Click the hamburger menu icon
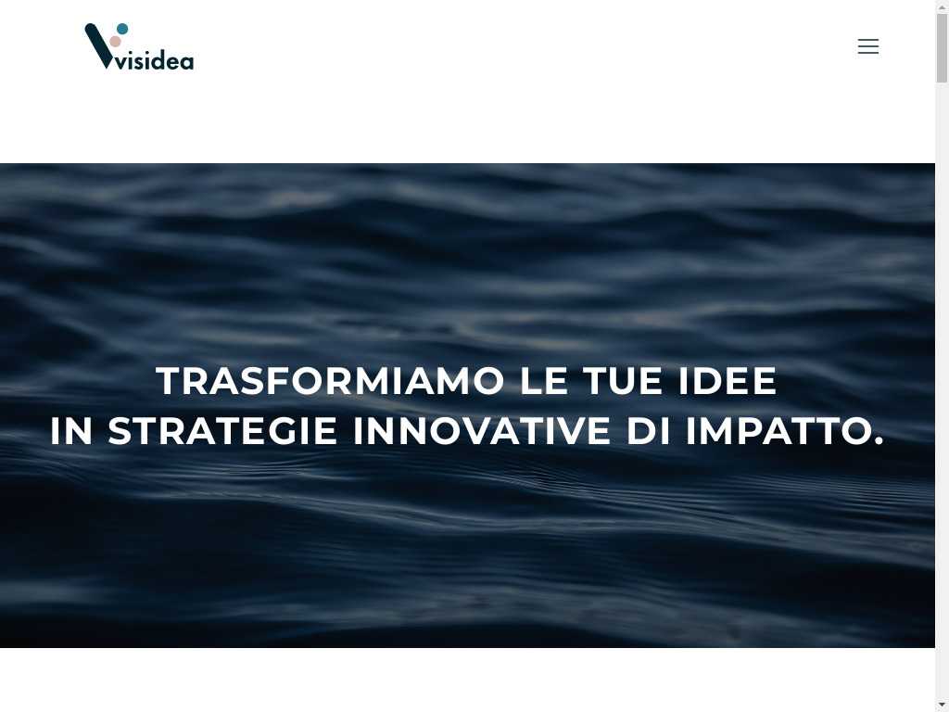tap(867, 46)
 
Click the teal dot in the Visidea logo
tap(122, 29)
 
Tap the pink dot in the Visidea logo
tap(115, 41)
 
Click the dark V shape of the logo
tap(98, 46)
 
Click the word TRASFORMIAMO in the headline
tap(330, 381)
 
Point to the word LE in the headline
tap(544, 381)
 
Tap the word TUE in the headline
tap(623, 381)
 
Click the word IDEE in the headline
tap(728, 381)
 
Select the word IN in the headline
tap(71, 431)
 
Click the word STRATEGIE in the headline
tap(222, 431)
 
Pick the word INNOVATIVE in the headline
tap(482, 431)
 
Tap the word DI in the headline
tap(648, 431)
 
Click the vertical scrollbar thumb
tap(942, 48)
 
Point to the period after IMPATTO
tap(879, 442)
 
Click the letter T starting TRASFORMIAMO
tap(170, 381)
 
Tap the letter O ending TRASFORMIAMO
tap(487, 381)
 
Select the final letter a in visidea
tap(186, 62)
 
